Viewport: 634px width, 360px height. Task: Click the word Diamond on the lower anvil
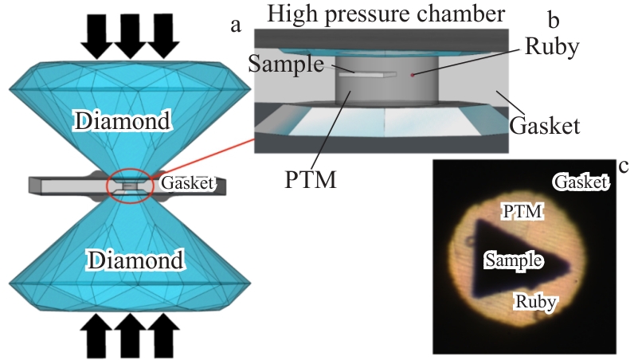click(136, 260)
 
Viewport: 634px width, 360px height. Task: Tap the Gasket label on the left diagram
click(188, 183)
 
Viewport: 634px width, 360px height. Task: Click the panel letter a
click(236, 25)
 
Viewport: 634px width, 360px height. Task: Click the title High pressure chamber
click(386, 13)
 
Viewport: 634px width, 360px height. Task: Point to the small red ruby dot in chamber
click(412, 75)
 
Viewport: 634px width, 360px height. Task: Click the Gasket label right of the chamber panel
click(546, 125)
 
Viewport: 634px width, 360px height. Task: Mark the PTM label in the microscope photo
click(522, 212)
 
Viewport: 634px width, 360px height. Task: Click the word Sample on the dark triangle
click(514, 260)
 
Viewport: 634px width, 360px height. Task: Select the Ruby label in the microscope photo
click(535, 302)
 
